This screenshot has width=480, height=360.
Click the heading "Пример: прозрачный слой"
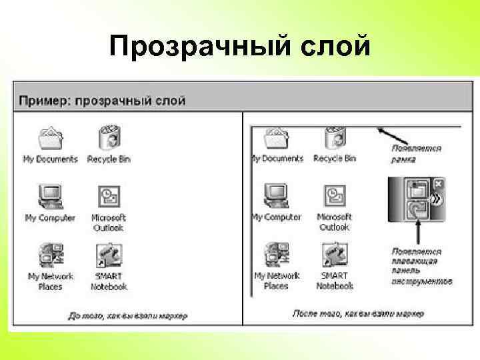[102, 101]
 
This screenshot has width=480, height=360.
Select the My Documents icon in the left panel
[50, 139]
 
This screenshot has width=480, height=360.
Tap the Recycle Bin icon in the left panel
[108, 139]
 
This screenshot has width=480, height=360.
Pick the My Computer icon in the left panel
[50, 197]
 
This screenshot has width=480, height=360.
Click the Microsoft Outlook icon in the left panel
[108, 197]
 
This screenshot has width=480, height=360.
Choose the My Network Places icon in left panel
[50, 255]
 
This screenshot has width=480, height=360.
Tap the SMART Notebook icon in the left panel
[108, 255]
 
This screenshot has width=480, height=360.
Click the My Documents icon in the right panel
[276, 139]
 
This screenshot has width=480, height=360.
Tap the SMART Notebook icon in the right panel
[333, 255]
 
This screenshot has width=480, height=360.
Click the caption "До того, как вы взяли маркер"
[128, 315]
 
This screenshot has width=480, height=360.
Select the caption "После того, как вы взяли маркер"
[353, 313]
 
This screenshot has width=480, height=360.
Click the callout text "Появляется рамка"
[416, 153]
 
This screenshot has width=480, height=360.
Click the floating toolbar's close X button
[438, 183]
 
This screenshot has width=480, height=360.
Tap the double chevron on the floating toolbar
[437, 199]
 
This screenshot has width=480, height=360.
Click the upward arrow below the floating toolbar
[418, 232]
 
